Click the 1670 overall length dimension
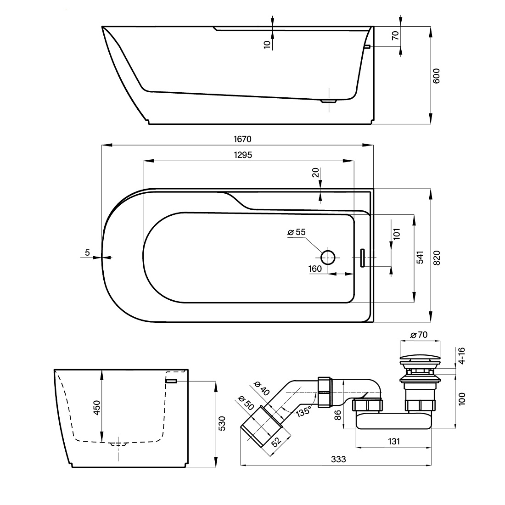[242, 139]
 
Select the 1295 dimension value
[243, 155]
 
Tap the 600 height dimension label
[436, 76]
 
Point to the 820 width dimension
[437, 258]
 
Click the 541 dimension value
[420, 257]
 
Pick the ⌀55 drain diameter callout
[296, 232]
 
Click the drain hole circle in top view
[328, 257]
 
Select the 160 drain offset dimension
[315, 269]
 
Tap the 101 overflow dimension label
[397, 234]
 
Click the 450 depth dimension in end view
[96, 407]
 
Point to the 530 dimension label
[222, 424]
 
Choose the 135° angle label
[304, 411]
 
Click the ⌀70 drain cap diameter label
[419, 335]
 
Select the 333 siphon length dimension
[338, 459]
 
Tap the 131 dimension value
[394, 441]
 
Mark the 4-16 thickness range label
[461, 355]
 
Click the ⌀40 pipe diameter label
[262, 388]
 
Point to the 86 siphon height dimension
[337, 415]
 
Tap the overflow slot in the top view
[362, 258]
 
